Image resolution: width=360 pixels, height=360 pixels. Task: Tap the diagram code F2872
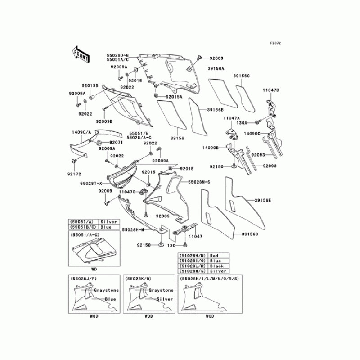[275, 43]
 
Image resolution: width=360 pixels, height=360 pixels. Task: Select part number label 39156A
[216, 69]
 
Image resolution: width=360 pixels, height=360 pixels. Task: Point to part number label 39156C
[241, 76]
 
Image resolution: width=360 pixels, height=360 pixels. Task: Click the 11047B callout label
[271, 90]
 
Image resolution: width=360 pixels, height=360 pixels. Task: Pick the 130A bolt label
[243, 122]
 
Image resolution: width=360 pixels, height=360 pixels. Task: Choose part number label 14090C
[252, 134]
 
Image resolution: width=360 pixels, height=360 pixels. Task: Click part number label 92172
[75, 173]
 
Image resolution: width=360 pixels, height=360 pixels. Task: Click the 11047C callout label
[127, 192]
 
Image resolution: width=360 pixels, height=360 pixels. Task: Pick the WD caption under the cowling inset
[94, 269]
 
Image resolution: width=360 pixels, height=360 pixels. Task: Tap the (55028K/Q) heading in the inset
[139, 279]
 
